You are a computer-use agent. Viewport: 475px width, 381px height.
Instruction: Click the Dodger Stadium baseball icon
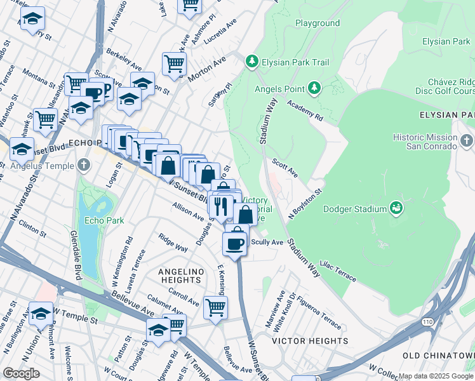coord(398,208)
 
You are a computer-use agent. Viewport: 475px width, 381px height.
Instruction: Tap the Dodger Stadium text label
coord(355,209)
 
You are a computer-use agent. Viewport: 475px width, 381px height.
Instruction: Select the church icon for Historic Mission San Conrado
coord(467,140)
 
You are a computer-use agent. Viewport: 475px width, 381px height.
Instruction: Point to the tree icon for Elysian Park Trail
coord(252,62)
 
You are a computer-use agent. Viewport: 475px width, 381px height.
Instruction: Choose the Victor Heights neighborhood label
coord(309,341)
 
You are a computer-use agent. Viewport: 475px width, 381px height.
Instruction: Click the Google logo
coord(21,373)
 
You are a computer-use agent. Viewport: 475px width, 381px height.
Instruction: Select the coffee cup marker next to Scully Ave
coord(235,244)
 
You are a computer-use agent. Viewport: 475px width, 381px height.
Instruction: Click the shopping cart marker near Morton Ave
coord(174,63)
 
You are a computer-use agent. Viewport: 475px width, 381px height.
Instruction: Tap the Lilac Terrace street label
coord(338,270)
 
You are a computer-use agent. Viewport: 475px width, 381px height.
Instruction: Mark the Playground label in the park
coord(318,23)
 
